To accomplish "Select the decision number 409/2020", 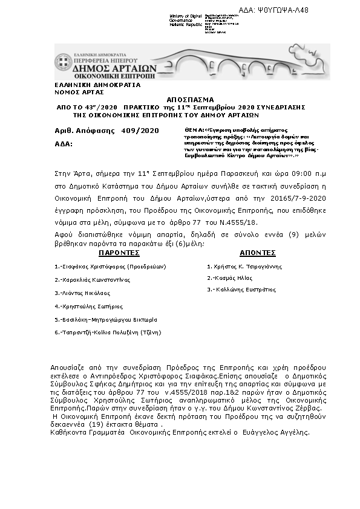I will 140,130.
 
